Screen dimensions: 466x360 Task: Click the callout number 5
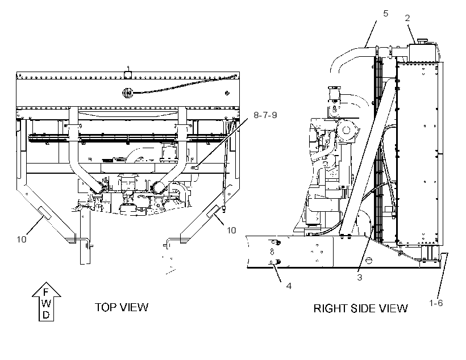pos(385,14)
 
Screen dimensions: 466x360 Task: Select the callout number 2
pos(407,18)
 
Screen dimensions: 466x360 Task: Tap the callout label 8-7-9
pos(265,115)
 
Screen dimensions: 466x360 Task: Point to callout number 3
pos(360,278)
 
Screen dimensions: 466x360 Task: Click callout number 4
pos(289,286)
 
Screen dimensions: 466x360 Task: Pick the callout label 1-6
pos(436,303)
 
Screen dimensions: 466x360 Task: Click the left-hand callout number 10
pos(22,240)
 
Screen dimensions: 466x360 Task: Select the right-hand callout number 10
pos(231,231)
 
